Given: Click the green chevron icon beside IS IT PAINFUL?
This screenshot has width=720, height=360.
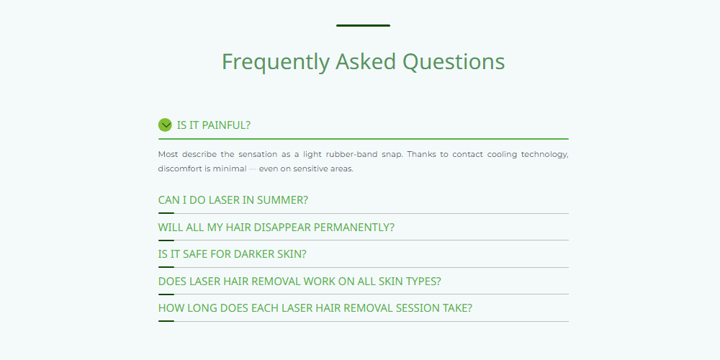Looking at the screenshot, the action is (x=165, y=125).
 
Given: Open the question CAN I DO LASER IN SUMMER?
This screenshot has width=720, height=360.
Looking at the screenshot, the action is (x=233, y=200).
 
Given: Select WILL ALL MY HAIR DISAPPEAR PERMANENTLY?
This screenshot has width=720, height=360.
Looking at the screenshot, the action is (x=276, y=228).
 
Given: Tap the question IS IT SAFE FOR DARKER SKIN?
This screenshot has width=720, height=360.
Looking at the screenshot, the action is (x=232, y=254).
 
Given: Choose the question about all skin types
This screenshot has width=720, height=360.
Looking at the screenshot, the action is (x=300, y=281).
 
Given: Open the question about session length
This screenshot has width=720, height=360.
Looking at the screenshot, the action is (x=315, y=307).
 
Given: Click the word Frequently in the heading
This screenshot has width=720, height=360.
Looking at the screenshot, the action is (x=276, y=62).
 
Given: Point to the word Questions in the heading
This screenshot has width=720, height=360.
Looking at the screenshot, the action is (x=454, y=62).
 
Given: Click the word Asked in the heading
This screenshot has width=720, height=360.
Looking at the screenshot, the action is (x=366, y=61).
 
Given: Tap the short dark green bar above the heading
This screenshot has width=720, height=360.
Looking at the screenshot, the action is (x=363, y=26).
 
